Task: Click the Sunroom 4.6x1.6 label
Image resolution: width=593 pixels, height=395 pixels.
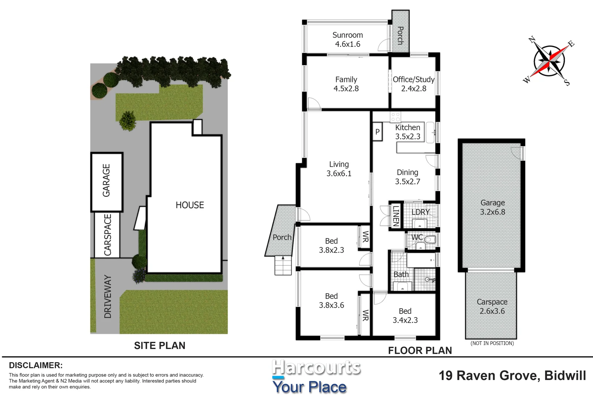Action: pos(347,39)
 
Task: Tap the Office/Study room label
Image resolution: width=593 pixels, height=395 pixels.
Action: pos(414,84)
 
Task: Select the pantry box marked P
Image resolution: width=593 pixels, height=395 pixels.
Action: pos(377,132)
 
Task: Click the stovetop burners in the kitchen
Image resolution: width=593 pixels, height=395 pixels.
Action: pos(395,117)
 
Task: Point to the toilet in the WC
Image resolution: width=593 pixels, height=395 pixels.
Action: pos(430,240)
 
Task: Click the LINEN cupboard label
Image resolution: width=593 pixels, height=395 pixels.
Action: pos(396,216)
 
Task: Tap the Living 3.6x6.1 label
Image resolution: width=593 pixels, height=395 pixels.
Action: pos(339,169)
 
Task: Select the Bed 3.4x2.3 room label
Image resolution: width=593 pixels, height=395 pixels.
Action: pos(405,316)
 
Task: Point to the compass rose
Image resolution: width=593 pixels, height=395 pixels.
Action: pos(549,61)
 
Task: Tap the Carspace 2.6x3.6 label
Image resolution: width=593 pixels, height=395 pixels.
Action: pos(492,306)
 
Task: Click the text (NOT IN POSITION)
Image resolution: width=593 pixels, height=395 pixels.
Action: pos(492,343)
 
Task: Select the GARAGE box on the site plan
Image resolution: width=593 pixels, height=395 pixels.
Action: pos(107,181)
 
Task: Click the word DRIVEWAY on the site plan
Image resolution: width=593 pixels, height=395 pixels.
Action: pos(108,297)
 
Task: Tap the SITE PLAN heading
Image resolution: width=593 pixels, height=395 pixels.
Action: pos(160,346)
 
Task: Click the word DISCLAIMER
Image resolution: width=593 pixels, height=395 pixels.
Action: pos(36,365)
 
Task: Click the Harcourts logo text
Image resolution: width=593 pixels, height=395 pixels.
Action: pos(316,368)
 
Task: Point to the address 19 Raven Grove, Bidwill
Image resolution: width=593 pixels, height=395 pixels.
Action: pos(512,376)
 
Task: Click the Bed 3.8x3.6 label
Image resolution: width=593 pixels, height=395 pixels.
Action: pos(331,301)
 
